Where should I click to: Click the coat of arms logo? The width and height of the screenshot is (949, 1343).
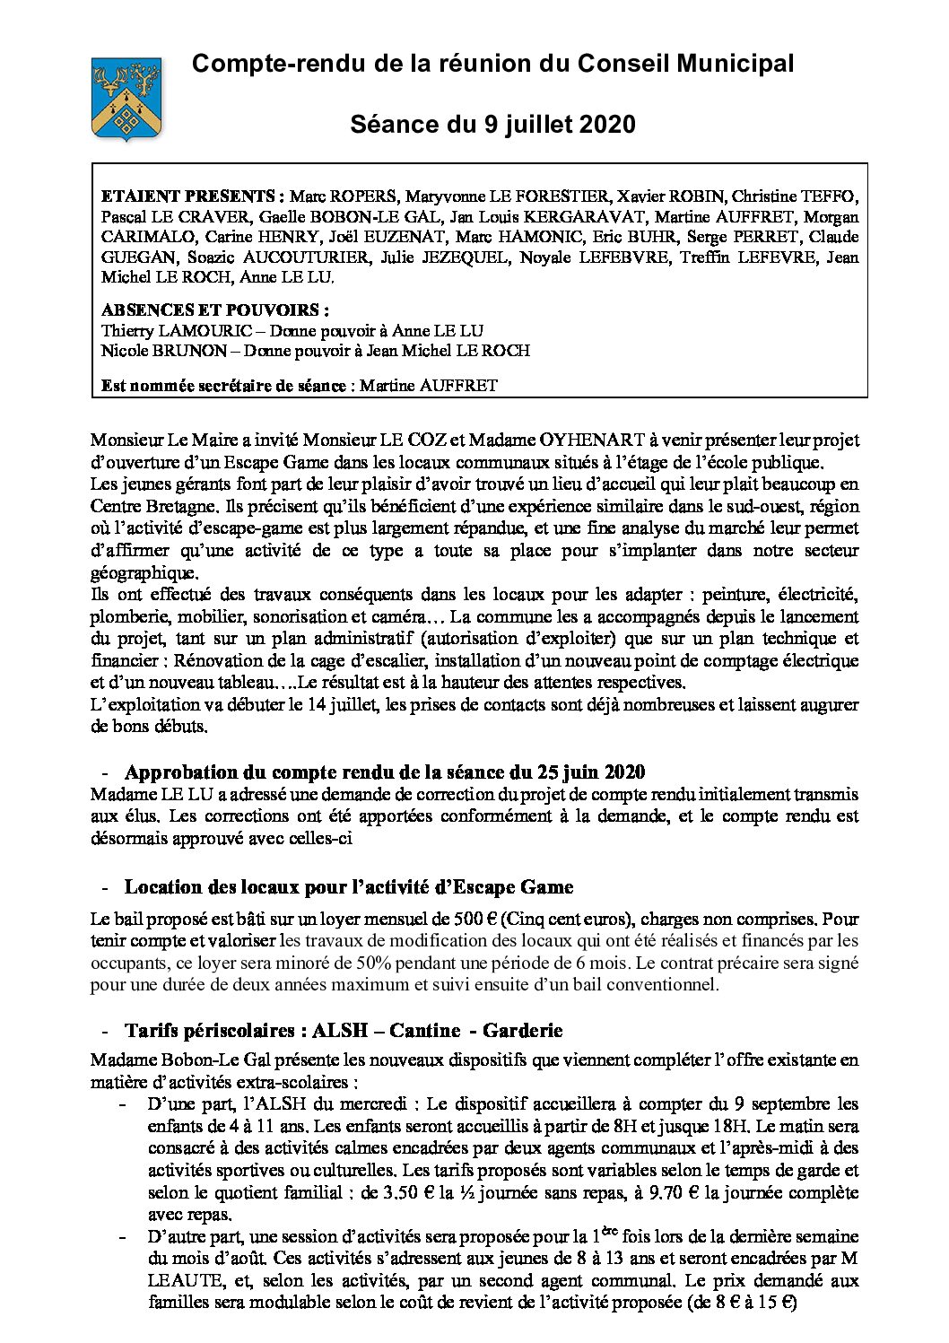point(126,98)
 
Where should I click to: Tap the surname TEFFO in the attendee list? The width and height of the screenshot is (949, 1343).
point(831,196)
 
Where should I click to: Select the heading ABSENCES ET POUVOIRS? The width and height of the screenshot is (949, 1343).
point(215,310)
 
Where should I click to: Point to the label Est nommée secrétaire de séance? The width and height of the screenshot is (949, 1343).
point(223,386)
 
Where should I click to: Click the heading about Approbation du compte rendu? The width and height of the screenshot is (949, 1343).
point(385,772)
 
